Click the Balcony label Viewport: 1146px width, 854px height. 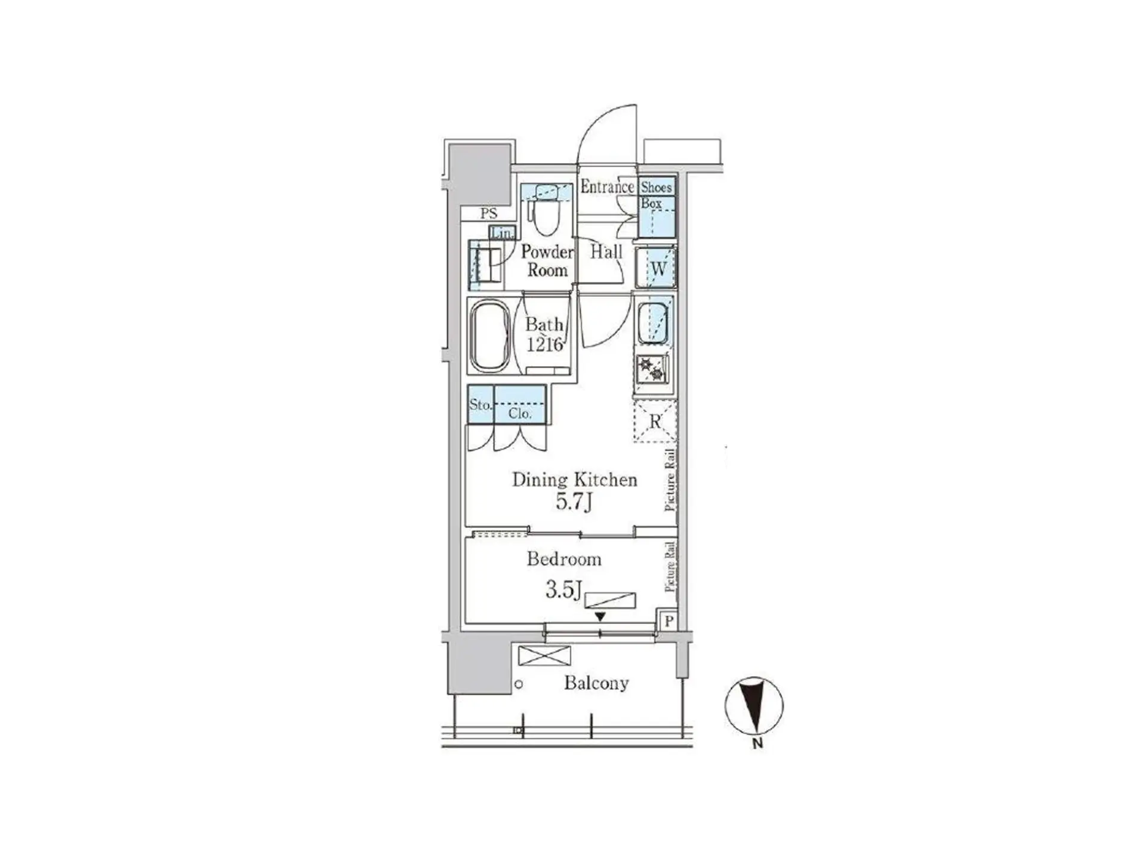pyautogui.click(x=596, y=683)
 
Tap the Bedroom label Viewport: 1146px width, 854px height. pyautogui.click(x=564, y=559)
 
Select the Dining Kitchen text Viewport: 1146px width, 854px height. pyautogui.click(x=575, y=480)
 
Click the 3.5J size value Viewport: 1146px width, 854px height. pyautogui.click(x=563, y=590)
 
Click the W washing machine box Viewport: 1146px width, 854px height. pyautogui.click(x=656, y=268)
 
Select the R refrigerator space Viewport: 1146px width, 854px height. pyautogui.click(x=655, y=421)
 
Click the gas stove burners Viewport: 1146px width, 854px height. pyautogui.click(x=651, y=369)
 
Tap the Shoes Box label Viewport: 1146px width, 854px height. pyautogui.click(x=656, y=195)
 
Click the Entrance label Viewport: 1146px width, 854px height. pyautogui.click(x=608, y=187)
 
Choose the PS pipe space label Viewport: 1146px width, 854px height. pyautogui.click(x=488, y=214)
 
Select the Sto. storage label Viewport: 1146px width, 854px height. pyautogui.click(x=480, y=404)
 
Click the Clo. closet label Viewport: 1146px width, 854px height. pyautogui.click(x=520, y=413)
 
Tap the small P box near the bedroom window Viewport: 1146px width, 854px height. pyautogui.click(x=668, y=621)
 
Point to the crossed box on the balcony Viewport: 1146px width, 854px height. pyautogui.click(x=544, y=655)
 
